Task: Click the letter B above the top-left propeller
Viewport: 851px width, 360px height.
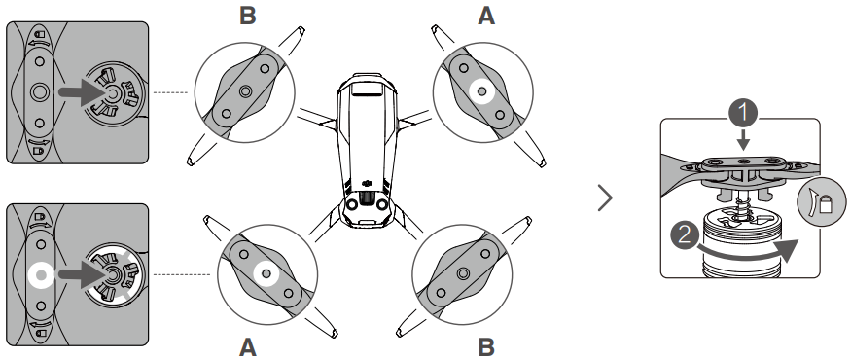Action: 247,17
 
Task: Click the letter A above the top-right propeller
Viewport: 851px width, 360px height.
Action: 486,17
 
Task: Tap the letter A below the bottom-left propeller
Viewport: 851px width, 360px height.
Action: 247,347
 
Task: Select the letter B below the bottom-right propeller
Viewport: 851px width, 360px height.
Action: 486,347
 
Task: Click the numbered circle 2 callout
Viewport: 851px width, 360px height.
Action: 685,235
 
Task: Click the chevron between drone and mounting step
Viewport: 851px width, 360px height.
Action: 605,198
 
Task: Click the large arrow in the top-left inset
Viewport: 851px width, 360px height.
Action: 83,92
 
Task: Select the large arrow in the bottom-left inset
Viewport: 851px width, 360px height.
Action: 83,275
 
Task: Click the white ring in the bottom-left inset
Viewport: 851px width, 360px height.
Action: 40,275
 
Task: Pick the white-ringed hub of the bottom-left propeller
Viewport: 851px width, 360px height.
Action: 266,274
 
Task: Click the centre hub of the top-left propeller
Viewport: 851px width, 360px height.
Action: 245,91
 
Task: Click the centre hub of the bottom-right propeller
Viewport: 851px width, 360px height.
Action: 463,273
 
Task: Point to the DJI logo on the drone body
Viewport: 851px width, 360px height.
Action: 369,185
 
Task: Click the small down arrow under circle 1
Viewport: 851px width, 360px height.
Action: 743,140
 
